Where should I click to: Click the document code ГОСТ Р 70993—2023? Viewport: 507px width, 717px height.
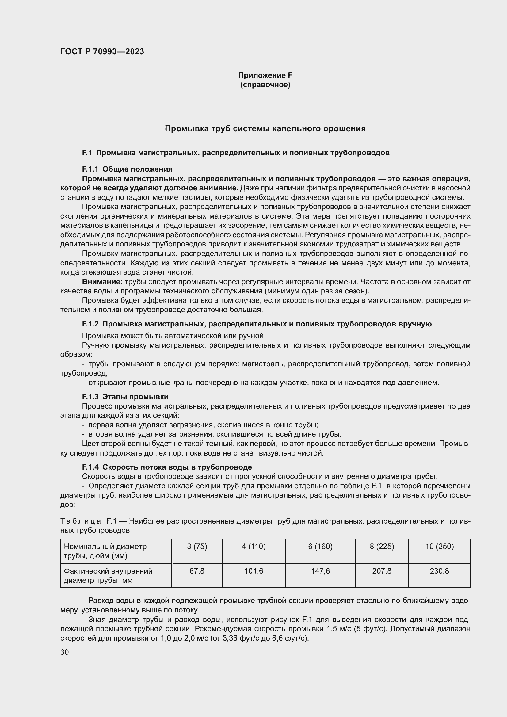(102, 51)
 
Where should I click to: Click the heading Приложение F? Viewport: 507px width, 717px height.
(265, 75)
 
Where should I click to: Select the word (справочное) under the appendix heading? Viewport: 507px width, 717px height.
(265, 85)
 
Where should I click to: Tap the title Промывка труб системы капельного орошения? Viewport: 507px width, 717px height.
(265, 129)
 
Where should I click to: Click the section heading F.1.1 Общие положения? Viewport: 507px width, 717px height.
(127, 169)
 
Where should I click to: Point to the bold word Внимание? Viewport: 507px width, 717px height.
(102, 282)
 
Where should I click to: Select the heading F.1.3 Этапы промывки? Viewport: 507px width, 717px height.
(125, 397)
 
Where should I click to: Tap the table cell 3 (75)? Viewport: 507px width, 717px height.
(197, 547)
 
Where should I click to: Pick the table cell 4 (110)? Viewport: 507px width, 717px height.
(253, 547)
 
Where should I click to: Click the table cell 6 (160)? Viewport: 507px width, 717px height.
(320, 547)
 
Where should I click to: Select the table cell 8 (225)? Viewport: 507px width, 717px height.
(382, 547)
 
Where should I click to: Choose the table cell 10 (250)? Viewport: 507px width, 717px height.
(439, 547)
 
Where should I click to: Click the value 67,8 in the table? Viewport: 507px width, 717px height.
(197, 571)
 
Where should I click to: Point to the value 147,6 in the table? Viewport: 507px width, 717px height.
(320, 571)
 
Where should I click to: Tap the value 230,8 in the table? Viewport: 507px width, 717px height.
(439, 571)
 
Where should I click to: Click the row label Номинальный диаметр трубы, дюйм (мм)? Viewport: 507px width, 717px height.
(105, 551)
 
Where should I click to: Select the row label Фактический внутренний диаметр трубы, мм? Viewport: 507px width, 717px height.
(108, 576)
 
